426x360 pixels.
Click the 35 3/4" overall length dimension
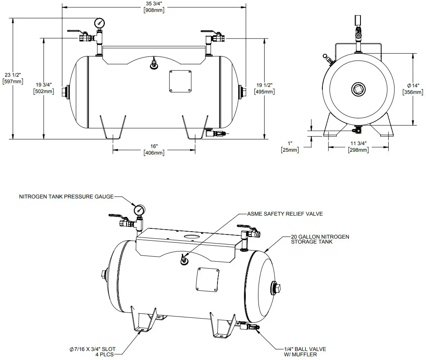154,7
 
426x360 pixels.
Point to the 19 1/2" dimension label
264,88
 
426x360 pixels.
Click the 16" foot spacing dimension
154,149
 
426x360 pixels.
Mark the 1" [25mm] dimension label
290,147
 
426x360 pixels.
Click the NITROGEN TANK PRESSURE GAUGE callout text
66,197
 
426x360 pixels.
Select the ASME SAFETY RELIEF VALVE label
285,214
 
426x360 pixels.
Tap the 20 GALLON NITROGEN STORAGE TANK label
319,239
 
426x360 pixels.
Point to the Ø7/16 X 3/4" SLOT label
93,352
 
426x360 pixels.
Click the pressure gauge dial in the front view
99,23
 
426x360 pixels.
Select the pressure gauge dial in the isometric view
140,210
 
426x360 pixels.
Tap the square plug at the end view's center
358,89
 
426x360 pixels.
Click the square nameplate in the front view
180,81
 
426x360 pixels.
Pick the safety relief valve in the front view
154,64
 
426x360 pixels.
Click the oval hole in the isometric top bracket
191,237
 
